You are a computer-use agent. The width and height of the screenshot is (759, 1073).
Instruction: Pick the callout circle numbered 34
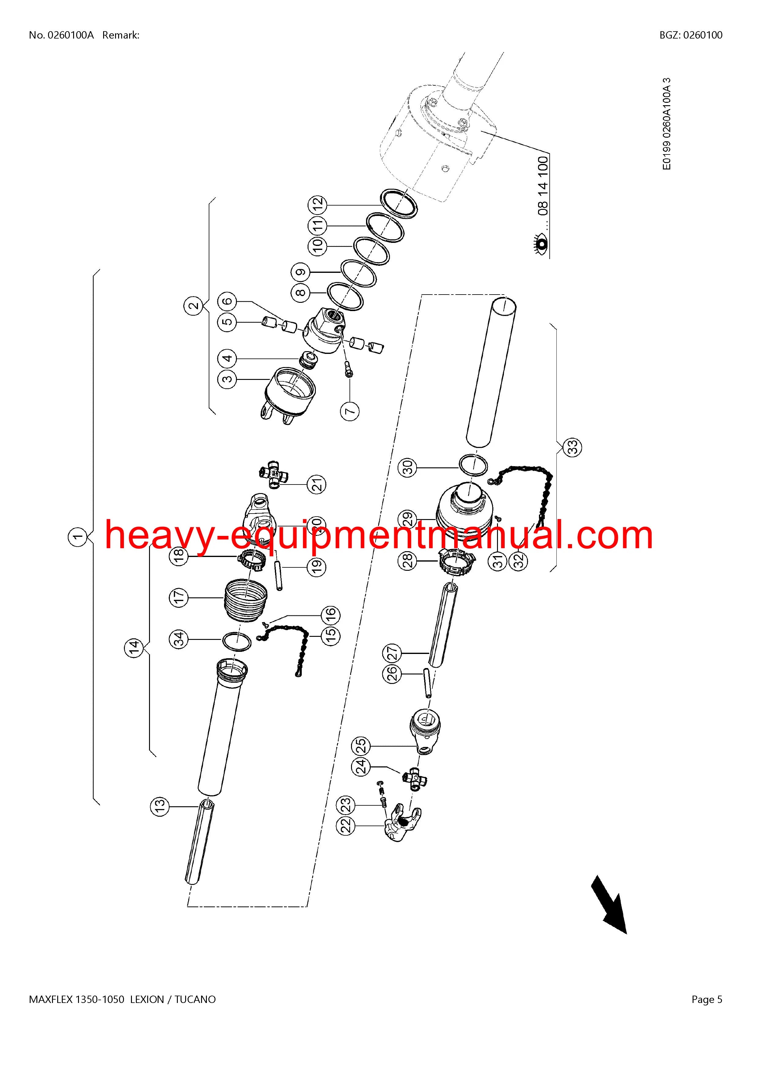point(178,639)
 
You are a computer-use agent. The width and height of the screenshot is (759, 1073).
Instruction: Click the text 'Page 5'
point(707,1000)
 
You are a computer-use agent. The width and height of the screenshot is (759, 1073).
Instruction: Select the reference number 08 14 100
point(543,186)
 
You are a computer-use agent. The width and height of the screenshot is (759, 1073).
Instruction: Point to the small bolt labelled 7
point(348,368)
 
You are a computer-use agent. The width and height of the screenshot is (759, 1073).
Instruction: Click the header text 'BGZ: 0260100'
point(691,35)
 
